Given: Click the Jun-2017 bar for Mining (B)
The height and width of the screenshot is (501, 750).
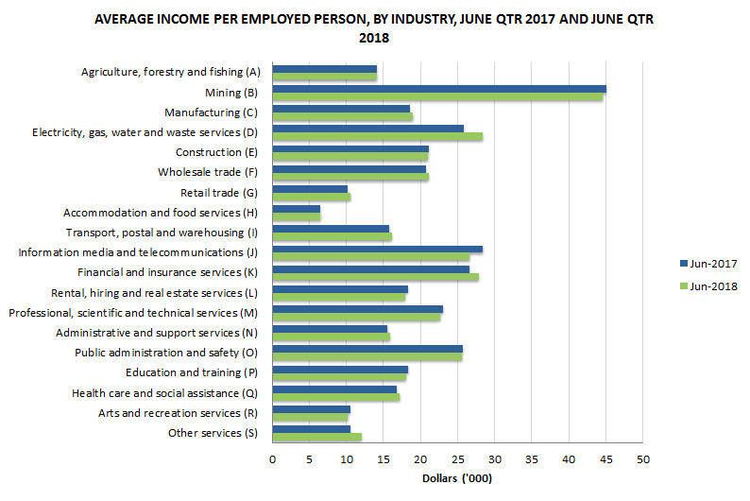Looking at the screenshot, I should (x=439, y=89).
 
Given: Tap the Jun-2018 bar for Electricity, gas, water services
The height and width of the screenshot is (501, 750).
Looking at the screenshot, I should (x=377, y=136).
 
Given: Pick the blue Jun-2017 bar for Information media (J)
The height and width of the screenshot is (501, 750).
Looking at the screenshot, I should (x=377, y=250).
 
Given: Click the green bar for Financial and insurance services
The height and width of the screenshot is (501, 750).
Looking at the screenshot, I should (x=375, y=277).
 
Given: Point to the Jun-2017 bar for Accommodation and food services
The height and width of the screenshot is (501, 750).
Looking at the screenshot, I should (x=296, y=209).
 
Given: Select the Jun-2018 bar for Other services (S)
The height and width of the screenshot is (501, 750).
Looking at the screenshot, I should (x=316, y=437).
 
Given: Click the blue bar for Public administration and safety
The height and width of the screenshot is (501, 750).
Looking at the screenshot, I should (x=367, y=349).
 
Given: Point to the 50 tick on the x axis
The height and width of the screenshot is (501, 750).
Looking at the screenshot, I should (x=642, y=459).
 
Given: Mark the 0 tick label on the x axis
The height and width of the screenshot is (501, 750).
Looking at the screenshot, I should (x=272, y=459).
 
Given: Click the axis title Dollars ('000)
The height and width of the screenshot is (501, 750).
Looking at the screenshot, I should (x=457, y=478).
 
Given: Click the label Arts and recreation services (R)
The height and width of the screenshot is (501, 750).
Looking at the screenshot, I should (x=178, y=413).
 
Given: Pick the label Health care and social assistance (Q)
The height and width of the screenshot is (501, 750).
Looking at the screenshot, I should (x=164, y=392).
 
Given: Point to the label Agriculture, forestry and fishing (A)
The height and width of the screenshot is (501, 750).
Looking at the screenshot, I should (x=170, y=72).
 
